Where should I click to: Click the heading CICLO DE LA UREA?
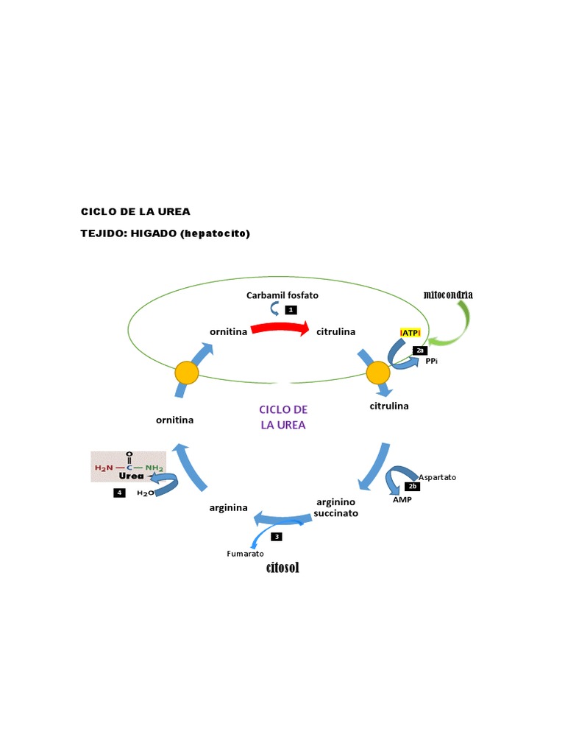coord(135,211)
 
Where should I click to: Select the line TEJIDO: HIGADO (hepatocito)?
coord(166,233)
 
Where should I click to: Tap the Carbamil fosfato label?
coord(282,295)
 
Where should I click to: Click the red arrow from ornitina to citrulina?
coord(280,331)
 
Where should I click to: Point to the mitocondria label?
coord(448,295)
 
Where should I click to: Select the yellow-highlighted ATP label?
coord(410,333)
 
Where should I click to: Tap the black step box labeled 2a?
coord(420,350)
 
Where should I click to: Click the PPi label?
coord(432,361)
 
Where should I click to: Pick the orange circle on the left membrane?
coord(186,373)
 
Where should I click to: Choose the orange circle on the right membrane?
coord(377,373)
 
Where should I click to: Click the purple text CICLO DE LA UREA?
coord(283,417)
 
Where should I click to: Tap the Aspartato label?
coord(437,477)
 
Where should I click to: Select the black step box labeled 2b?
coord(412,487)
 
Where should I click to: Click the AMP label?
coord(402,499)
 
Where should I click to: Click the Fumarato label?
coord(245,553)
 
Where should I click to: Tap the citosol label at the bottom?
coord(282,568)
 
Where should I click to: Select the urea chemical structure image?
coord(129,467)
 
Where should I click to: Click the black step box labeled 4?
coord(119,493)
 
